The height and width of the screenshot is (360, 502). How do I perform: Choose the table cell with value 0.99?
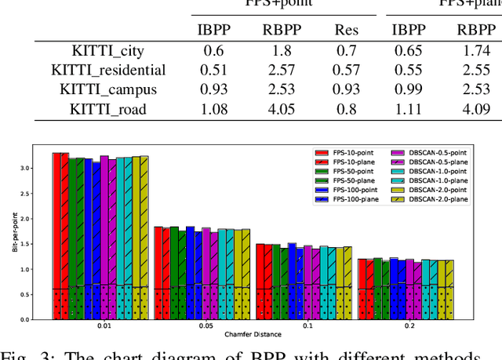pos(409,89)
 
